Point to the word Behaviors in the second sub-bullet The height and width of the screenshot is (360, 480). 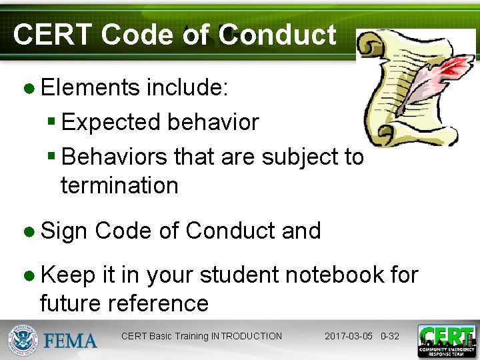click(114, 157)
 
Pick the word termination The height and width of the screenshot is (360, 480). click(119, 185)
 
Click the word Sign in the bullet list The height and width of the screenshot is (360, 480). click(64, 231)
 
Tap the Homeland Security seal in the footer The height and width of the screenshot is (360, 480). click(24, 340)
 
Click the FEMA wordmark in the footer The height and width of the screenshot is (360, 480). click(70, 341)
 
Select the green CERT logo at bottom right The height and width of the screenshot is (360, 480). click(446, 340)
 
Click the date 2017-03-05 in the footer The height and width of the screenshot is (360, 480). click(349, 336)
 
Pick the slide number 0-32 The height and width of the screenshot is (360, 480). click(389, 336)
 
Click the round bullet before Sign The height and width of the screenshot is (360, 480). click(30, 231)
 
